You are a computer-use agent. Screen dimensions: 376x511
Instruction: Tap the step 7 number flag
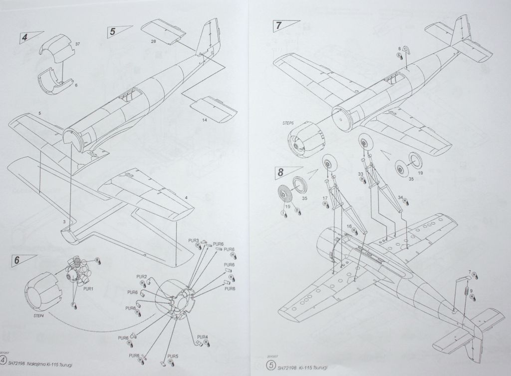coord(278,24)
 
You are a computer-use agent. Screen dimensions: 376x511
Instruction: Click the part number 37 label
coord(77,44)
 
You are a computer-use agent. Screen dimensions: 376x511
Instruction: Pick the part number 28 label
coord(153,41)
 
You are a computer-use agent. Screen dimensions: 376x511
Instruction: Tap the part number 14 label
coord(204,120)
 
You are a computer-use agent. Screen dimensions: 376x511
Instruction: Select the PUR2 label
coord(141,277)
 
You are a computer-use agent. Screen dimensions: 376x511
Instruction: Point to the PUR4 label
coord(203,337)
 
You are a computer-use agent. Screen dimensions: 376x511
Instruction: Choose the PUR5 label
coord(173,357)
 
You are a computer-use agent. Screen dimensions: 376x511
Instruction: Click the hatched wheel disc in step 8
coord(284,192)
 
